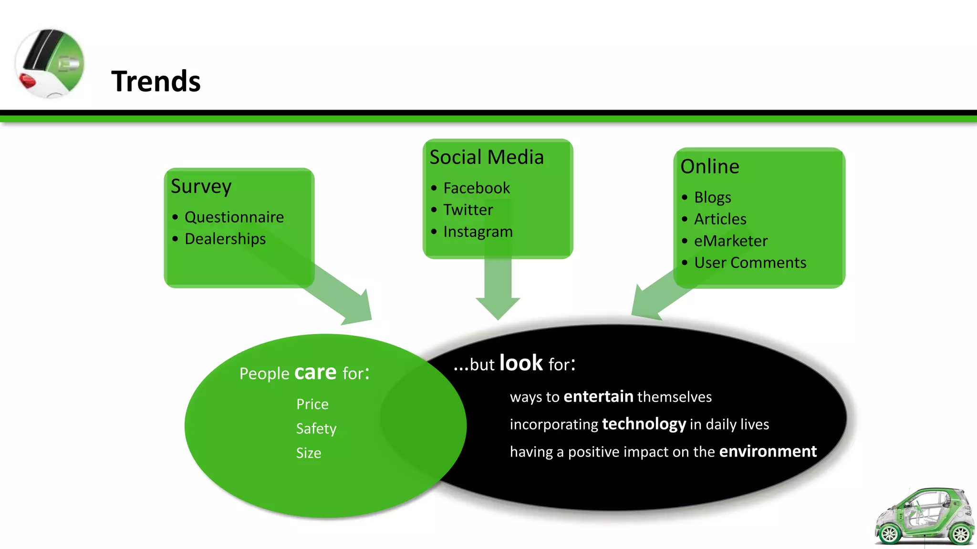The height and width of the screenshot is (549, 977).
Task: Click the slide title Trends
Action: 156,81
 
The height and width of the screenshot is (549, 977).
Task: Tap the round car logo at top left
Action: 50,63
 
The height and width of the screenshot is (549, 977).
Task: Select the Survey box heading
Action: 201,186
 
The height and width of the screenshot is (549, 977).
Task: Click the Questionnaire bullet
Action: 234,217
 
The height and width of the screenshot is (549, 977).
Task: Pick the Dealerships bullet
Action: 225,239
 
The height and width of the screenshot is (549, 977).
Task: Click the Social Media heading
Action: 486,157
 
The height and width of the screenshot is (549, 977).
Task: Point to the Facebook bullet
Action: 476,188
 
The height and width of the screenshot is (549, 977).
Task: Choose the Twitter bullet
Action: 468,210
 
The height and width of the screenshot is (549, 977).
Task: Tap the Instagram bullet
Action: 478,232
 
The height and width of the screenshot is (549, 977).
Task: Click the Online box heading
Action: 709,167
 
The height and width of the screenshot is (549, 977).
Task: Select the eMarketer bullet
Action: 730,241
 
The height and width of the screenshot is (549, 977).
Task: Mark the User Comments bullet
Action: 749,263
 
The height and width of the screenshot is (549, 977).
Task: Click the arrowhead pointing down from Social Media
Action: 498,307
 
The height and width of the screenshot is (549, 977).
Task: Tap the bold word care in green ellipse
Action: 315,372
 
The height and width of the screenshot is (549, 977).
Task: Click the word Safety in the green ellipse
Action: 316,428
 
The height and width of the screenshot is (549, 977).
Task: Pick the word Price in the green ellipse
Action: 312,404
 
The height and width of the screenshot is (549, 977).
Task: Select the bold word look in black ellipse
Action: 521,363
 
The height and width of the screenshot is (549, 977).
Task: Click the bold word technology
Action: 644,424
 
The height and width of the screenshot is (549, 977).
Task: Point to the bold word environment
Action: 768,451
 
